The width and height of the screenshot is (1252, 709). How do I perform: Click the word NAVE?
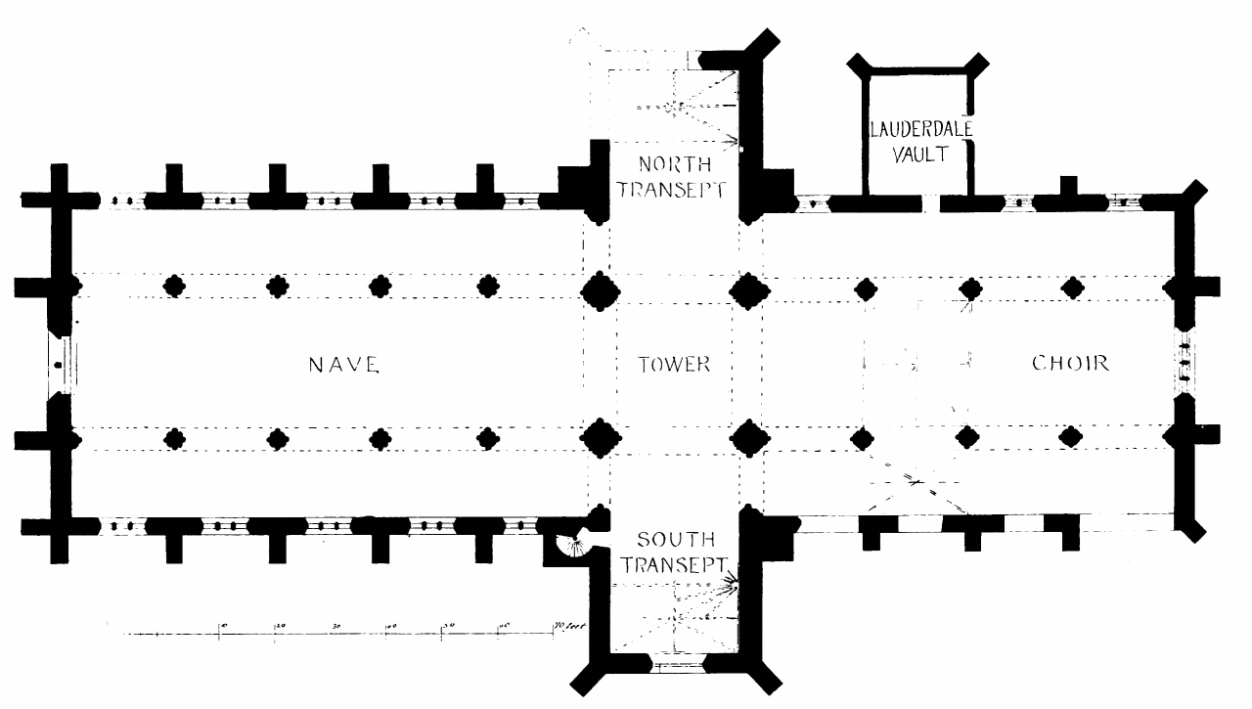click(x=342, y=365)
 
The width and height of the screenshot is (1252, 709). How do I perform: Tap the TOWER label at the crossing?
click(x=674, y=365)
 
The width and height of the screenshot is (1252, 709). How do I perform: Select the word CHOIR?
click(x=1071, y=364)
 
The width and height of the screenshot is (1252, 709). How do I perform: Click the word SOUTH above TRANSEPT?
click(x=675, y=540)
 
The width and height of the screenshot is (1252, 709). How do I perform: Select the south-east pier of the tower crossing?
click(x=748, y=437)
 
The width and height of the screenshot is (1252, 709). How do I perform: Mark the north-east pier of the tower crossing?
click(x=748, y=291)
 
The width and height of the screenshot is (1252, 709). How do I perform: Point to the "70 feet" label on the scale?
click(x=569, y=625)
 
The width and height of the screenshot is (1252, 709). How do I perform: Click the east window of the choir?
click(x=1184, y=362)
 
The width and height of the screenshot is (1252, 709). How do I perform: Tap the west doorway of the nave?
click(x=61, y=364)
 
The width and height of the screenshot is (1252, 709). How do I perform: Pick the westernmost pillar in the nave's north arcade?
click(x=175, y=287)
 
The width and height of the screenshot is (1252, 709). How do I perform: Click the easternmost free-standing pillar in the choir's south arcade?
click(x=1073, y=436)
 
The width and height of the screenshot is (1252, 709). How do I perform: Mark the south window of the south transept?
click(x=676, y=670)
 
